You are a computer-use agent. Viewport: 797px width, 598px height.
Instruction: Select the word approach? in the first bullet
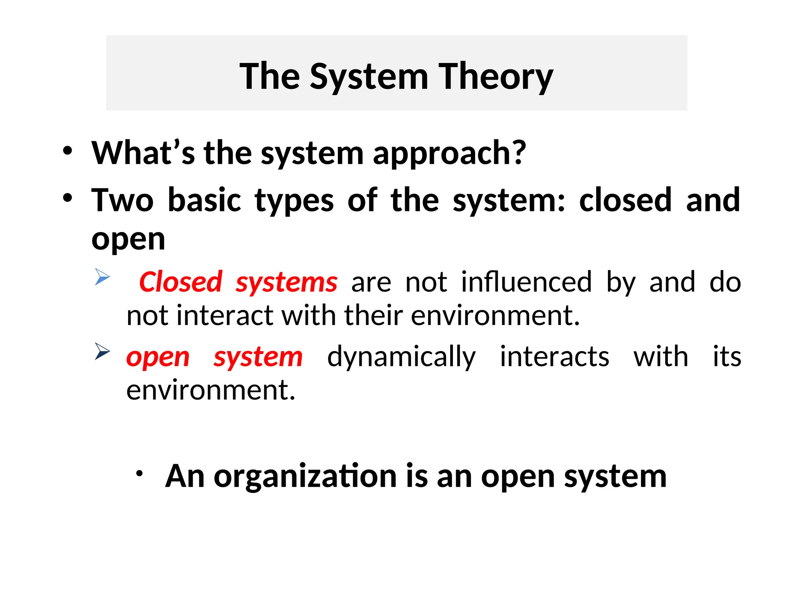coord(449,154)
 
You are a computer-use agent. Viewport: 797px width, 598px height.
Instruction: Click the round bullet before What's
coord(67,151)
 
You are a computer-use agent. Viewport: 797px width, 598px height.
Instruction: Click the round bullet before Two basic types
coord(67,198)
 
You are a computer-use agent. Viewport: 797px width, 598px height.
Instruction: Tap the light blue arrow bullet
coord(102,277)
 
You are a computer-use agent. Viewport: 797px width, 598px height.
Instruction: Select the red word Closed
coord(181,282)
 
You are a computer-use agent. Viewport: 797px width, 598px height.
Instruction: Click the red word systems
coord(286,283)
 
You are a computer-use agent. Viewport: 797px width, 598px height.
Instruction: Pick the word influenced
coord(526,282)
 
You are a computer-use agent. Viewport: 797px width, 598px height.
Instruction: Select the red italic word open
coord(158,358)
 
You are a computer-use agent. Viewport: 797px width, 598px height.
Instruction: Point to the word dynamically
coord(401,357)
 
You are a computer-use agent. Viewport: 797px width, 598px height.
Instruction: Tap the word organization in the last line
coord(305,477)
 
